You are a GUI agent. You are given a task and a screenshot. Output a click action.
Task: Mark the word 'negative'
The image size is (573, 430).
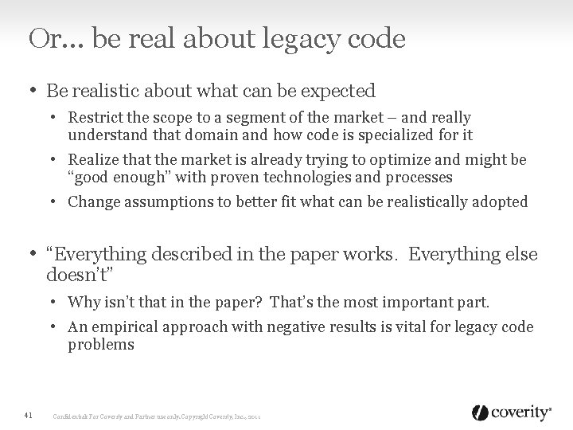pyautogui.click(x=283, y=327)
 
